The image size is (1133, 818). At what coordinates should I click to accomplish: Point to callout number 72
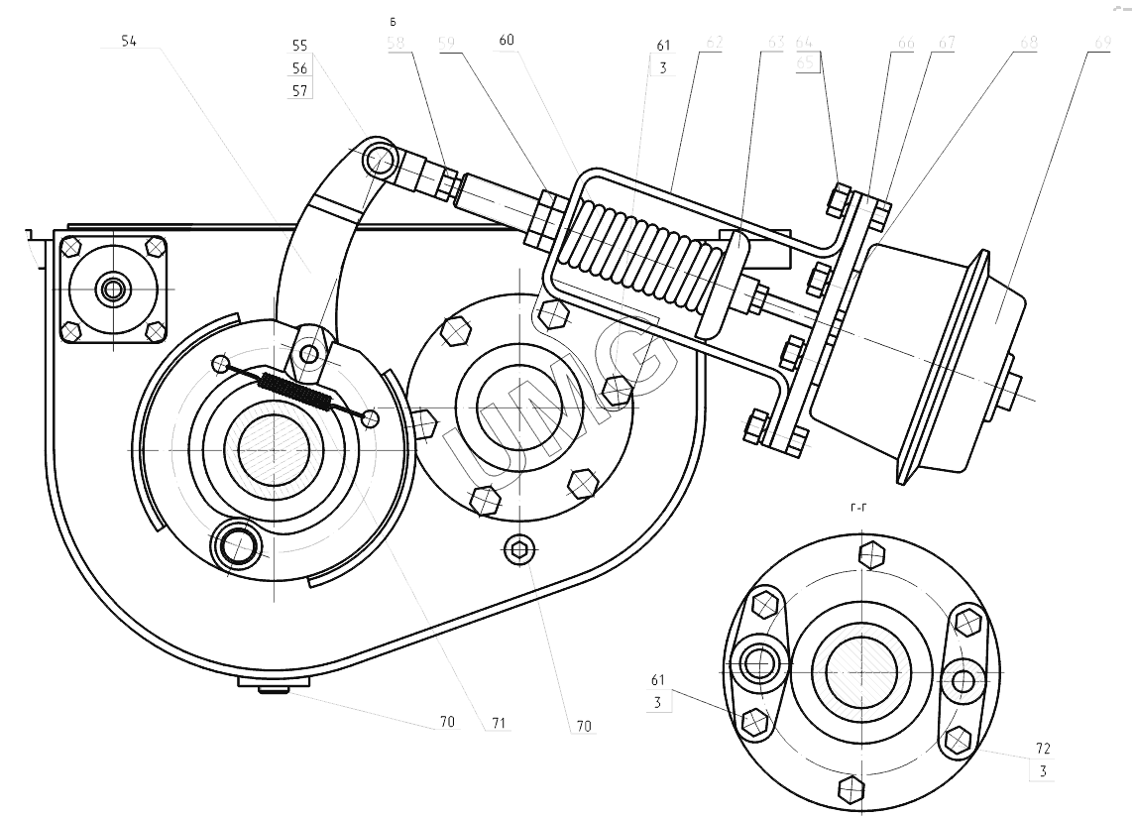pyautogui.click(x=1043, y=749)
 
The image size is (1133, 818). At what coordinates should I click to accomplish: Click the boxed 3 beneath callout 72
pyautogui.click(x=1043, y=770)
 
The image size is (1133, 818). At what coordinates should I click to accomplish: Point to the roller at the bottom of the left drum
pyautogui.click(x=238, y=545)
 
